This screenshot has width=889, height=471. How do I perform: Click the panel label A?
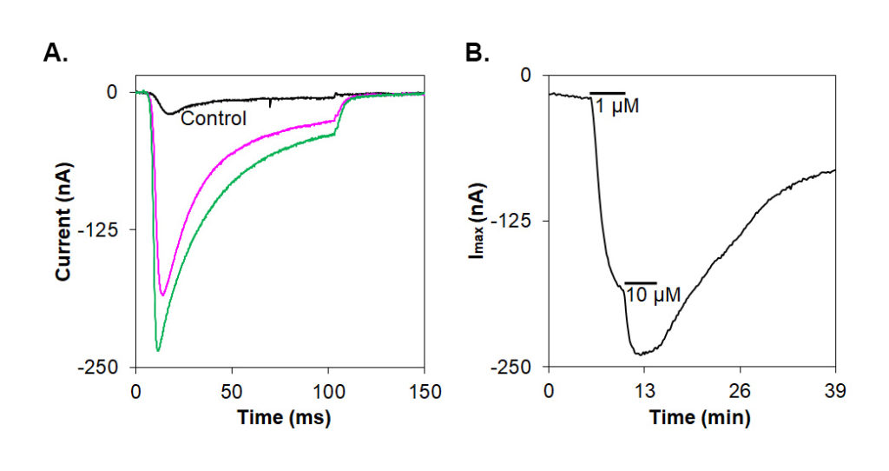(x=55, y=55)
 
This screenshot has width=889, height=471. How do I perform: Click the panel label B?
(x=477, y=55)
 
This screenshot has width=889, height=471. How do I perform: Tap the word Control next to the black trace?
(x=214, y=118)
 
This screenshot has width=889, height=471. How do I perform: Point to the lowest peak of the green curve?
(x=158, y=350)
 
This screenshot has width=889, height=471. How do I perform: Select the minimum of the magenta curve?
(x=162, y=295)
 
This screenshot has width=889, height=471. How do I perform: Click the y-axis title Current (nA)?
(x=63, y=230)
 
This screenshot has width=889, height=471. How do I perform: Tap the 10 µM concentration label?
(x=652, y=296)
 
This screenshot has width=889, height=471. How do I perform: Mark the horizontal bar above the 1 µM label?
(x=607, y=92)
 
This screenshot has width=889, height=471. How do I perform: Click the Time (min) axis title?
(x=700, y=418)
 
